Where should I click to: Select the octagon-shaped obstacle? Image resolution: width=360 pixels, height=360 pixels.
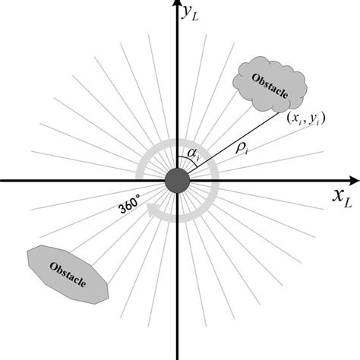[67, 273]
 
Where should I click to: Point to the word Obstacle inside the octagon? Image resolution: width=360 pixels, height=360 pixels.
[67, 273]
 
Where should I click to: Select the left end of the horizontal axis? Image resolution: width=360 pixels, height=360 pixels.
[3, 181]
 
